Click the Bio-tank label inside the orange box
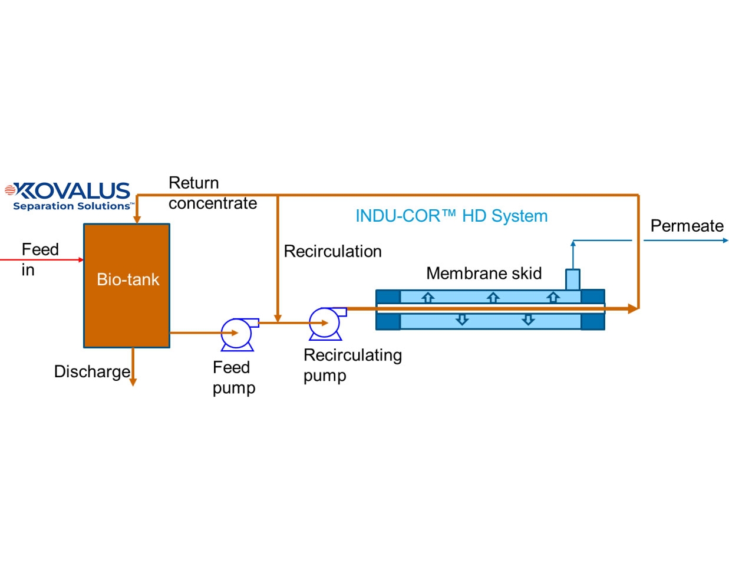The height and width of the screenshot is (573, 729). [x=128, y=279]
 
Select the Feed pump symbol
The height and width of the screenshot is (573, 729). [x=237, y=334]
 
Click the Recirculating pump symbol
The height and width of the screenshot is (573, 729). [x=325, y=323]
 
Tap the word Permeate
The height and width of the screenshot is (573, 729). [x=687, y=226]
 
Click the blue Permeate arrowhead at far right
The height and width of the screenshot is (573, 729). [x=725, y=241]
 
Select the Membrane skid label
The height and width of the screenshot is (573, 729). [x=484, y=274]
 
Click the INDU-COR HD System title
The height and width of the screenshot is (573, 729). [x=451, y=216]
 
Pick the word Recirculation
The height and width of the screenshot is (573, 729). [x=332, y=251]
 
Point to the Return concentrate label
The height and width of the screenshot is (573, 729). [x=212, y=193]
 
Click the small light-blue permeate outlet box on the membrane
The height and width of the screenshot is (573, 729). [x=573, y=279]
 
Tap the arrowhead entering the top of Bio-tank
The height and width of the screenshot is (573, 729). [x=137, y=219]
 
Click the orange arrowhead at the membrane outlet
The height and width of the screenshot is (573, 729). [x=633, y=308]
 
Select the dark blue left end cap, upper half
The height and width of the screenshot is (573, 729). [x=388, y=297]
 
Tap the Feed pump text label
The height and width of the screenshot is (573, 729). [x=233, y=377]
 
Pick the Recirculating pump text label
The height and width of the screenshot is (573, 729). [x=352, y=365]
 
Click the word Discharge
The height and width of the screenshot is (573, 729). [x=92, y=371]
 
